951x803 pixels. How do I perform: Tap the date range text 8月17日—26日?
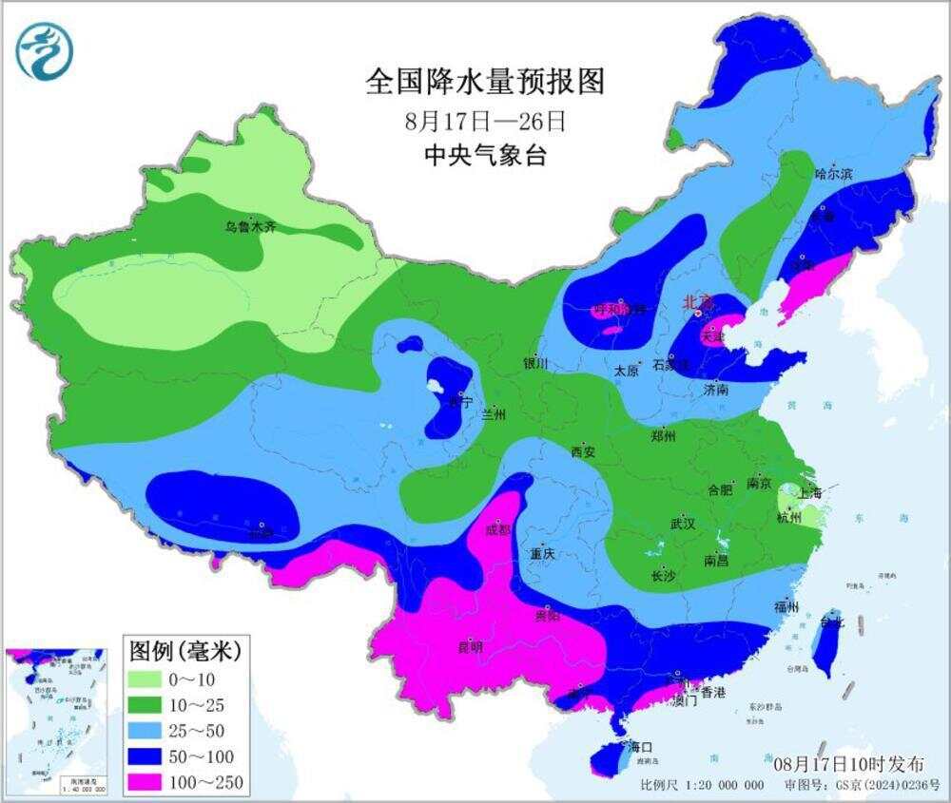[x=485, y=122]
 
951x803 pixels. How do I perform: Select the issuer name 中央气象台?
[x=485, y=156]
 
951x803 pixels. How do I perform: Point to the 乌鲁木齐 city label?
[x=250, y=227]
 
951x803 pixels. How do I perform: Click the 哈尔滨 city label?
[x=835, y=174]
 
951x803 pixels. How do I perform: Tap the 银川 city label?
[x=535, y=363]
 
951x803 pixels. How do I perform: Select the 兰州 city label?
[x=494, y=414]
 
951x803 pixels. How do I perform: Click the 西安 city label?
[x=582, y=452]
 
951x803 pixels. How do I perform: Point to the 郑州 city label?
[x=662, y=437]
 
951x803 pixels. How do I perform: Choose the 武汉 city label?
[x=682, y=524]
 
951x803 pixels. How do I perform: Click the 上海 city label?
[x=811, y=494]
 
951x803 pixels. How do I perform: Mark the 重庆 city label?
[x=543, y=554]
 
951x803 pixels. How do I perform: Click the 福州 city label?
[x=786, y=606]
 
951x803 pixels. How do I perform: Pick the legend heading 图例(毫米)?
[x=184, y=651]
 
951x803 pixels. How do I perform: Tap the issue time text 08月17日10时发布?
[x=847, y=763]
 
